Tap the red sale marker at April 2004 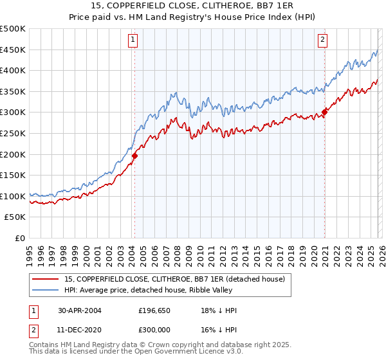click(x=134, y=156)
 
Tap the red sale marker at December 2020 click(x=324, y=112)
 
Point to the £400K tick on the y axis click(x=14, y=71)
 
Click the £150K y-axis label click(x=14, y=175)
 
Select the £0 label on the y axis click(x=21, y=238)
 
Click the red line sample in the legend click(x=45, y=279)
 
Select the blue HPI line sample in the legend click(x=45, y=290)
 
